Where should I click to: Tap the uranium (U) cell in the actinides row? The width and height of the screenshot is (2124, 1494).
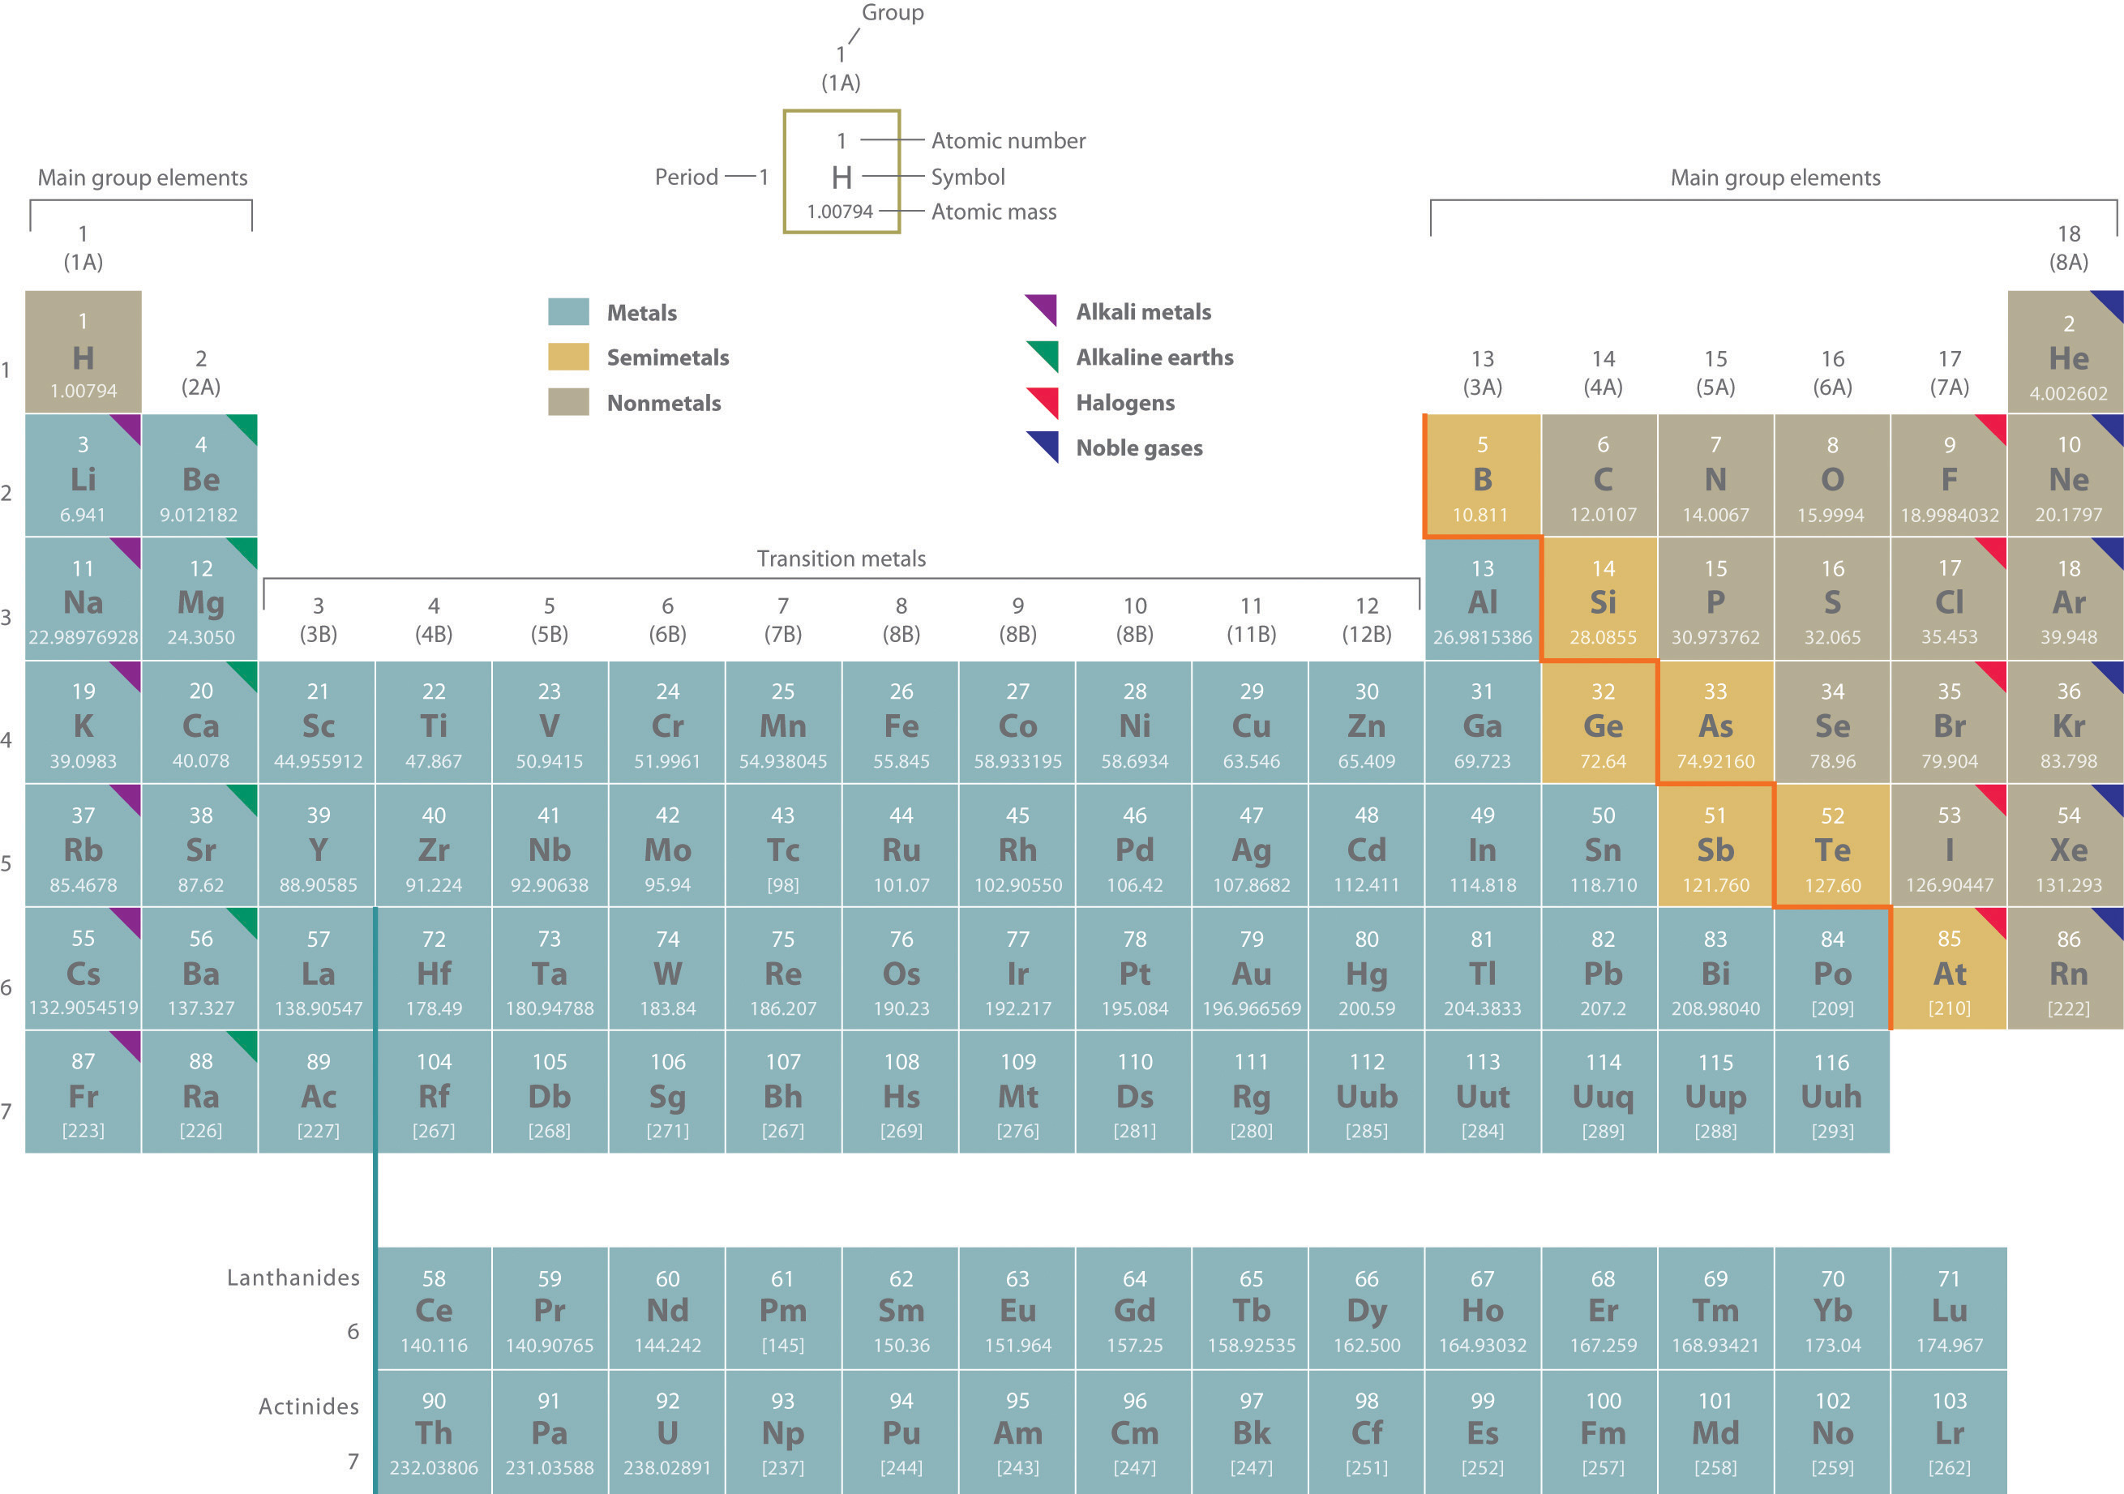(667, 1432)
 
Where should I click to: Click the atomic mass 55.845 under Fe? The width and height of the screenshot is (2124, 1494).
(901, 761)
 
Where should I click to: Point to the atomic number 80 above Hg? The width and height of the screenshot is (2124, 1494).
(1366, 939)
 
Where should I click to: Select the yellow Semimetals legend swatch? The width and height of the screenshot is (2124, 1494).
(568, 357)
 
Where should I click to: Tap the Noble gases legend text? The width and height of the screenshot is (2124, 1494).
(1139, 447)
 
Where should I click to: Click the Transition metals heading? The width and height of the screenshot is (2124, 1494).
(841, 559)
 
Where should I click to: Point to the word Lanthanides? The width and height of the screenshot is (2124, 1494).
(293, 1278)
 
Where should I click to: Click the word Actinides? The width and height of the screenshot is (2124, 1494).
(308, 1406)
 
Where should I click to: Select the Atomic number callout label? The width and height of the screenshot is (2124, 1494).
(1008, 140)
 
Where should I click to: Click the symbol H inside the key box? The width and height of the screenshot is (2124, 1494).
(841, 177)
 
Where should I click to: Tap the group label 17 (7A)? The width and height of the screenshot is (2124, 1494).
(1949, 372)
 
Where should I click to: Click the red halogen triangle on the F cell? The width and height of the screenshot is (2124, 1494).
(1994, 426)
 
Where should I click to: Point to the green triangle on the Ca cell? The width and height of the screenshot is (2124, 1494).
(244, 674)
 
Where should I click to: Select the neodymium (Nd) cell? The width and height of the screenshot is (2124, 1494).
(667, 1309)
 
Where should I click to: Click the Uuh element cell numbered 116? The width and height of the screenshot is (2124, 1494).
(1831, 1094)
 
